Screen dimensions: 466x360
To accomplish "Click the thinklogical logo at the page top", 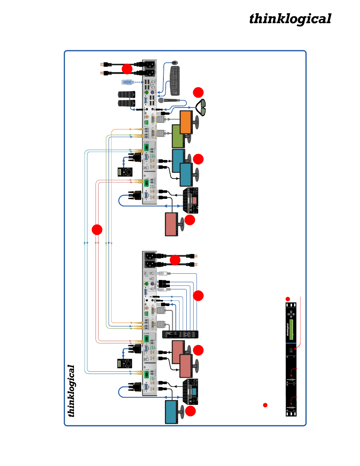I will pyautogui.click(x=290, y=19).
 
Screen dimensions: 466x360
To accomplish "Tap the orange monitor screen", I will pyautogui.click(x=186, y=122).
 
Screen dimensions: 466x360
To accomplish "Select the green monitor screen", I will pyautogui.click(x=177, y=136).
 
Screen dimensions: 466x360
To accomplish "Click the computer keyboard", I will pyautogui.click(x=175, y=81).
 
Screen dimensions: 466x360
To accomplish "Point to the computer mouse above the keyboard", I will pyautogui.click(x=174, y=63).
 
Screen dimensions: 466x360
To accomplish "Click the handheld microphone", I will pyautogui.click(x=169, y=101).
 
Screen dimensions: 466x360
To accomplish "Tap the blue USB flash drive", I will pyautogui.click(x=128, y=82).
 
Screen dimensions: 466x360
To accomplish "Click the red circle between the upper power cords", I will pyautogui.click(x=127, y=69).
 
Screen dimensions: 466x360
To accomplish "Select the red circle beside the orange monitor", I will pyautogui.click(x=198, y=92).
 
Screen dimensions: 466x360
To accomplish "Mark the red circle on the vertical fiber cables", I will pyautogui.click(x=97, y=229).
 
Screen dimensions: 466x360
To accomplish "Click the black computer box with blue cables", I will pyautogui.click(x=180, y=334).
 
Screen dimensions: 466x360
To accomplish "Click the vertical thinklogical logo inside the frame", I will pyautogui.click(x=71, y=391).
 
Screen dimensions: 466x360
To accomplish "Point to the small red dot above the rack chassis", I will pyautogui.click(x=288, y=299).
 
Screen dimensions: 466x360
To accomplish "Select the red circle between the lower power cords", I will pyautogui.click(x=175, y=260).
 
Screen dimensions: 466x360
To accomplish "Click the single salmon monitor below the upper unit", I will pyautogui.click(x=171, y=224).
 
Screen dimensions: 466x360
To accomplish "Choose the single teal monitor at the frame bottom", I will pyautogui.click(x=171, y=412).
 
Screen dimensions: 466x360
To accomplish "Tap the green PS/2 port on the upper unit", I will pyautogui.click(x=146, y=92).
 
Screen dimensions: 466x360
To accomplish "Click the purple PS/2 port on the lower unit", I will pyautogui.click(x=152, y=284).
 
